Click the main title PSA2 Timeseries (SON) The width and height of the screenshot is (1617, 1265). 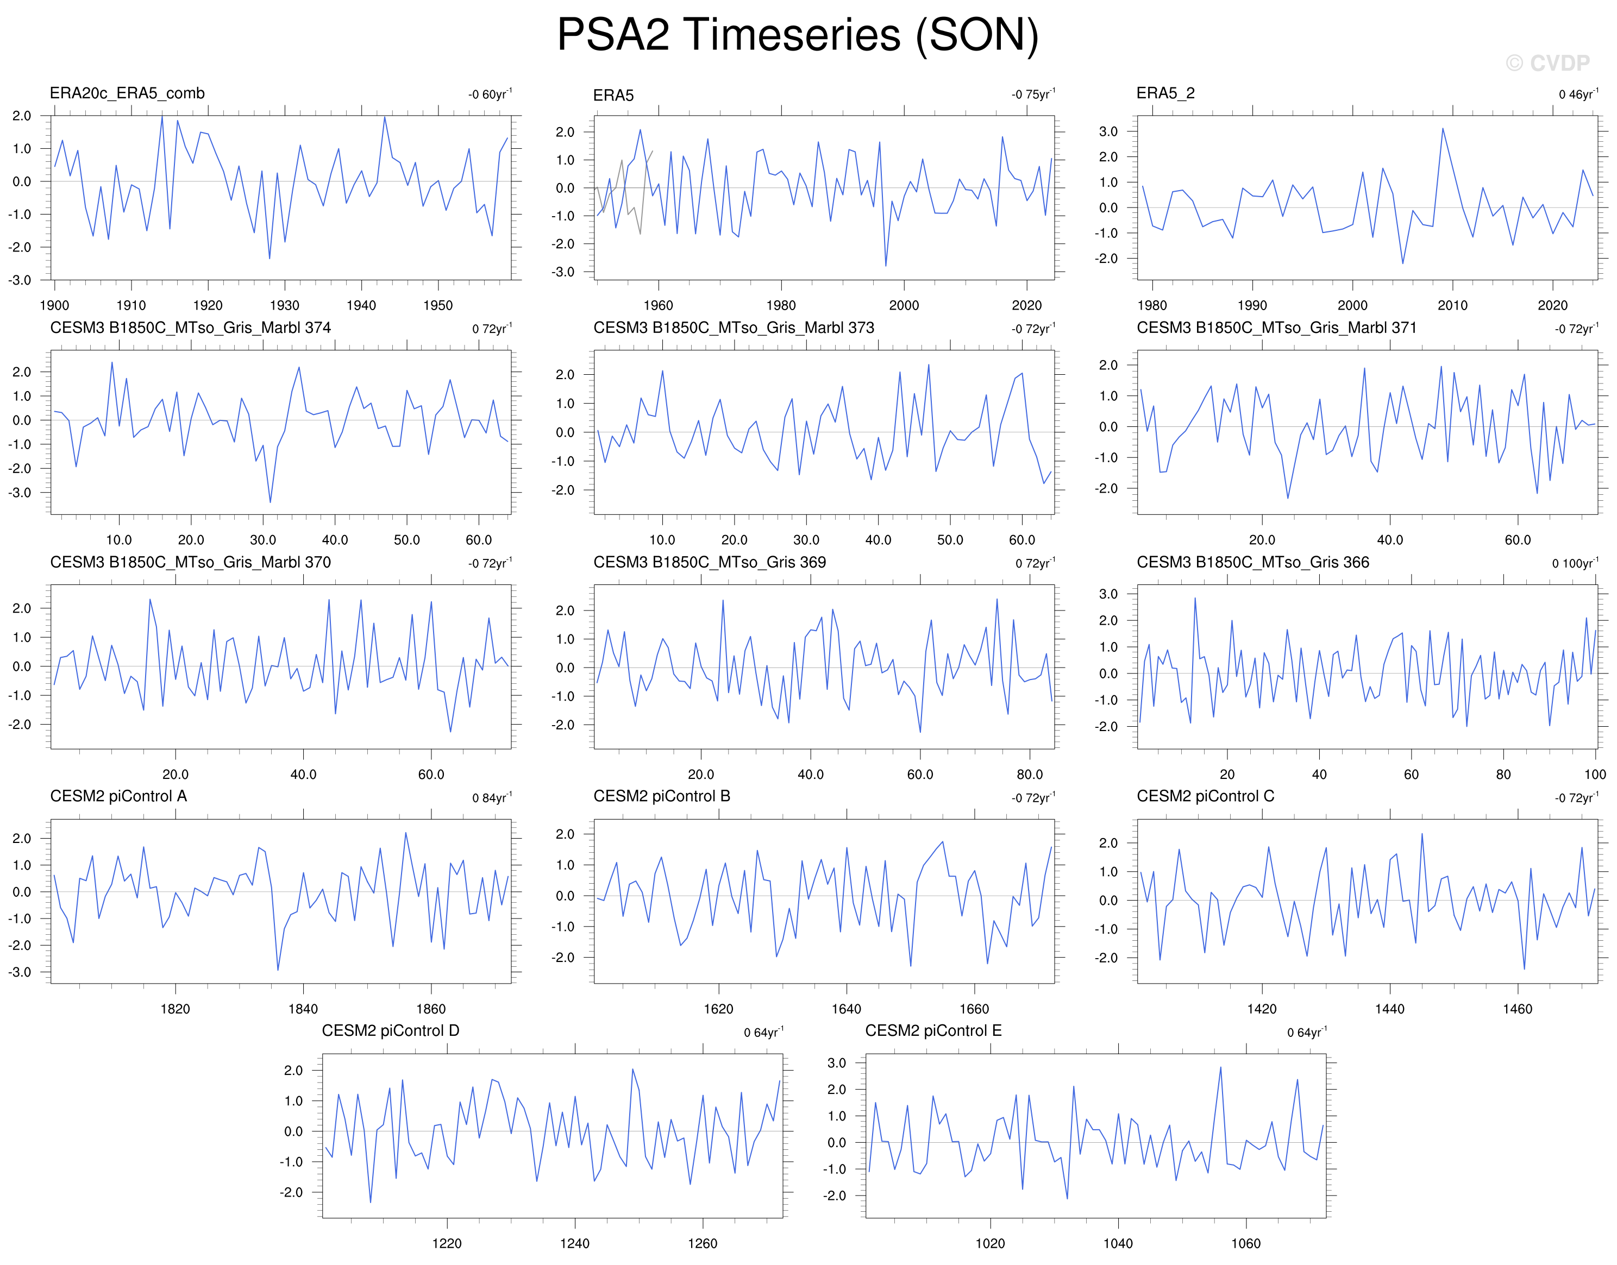[798, 35]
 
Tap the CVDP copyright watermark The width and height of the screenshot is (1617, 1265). [1547, 64]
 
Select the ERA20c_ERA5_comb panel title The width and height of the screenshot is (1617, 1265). [127, 93]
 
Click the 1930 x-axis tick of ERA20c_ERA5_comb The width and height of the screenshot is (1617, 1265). [284, 305]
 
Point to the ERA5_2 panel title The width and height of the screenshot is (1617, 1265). [1165, 93]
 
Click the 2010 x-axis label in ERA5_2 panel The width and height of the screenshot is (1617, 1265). [1452, 305]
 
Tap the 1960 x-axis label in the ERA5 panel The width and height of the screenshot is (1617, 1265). [658, 305]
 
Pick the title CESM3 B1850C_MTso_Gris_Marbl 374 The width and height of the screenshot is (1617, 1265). [190, 328]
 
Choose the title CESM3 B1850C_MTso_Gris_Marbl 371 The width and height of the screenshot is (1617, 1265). [1276, 328]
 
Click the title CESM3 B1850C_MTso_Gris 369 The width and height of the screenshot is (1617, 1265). [710, 562]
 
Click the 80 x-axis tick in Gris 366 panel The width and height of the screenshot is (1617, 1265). [1503, 775]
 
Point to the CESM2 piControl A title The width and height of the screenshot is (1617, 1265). [118, 796]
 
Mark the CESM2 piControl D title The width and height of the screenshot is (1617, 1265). [390, 1031]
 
